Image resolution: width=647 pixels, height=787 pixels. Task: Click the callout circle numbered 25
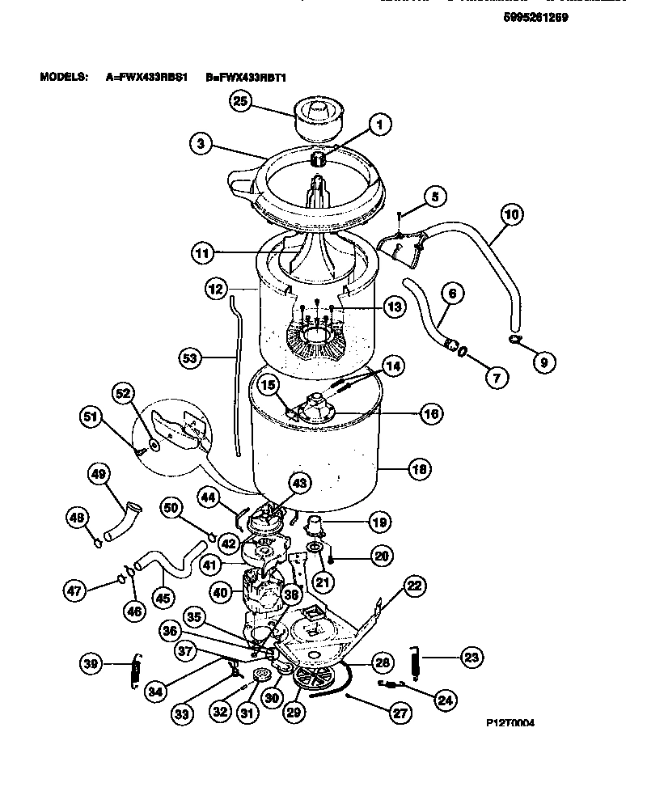(x=242, y=101)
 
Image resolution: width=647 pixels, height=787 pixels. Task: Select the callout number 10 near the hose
(x=511, y=215)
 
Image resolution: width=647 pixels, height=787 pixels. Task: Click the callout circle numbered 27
(x=400, y=713)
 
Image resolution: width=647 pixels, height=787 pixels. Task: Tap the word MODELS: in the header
(x=63, y=78)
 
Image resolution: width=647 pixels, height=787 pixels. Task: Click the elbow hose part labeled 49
(x=125, y=522)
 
